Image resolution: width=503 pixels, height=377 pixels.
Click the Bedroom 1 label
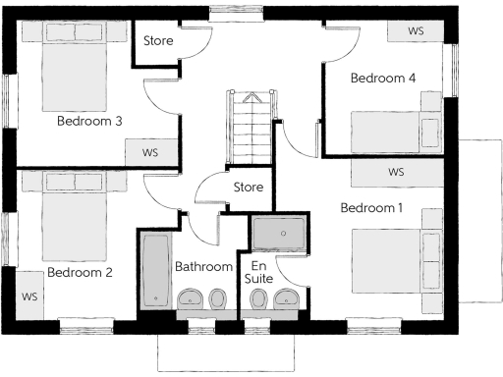[x=371, y=208]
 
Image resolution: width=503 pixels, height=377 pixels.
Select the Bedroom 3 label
[x=89, y=122]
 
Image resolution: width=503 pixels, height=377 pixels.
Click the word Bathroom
[x=202, y=266]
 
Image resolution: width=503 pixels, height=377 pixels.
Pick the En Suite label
[x=259, y=273]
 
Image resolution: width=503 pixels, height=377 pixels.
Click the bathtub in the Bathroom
[x=155, y=268]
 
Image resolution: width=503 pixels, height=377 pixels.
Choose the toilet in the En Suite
[x=257, y=299]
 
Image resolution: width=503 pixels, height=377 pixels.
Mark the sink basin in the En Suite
[x=287, y=299]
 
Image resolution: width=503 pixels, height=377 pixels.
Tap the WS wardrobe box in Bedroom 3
[x=150, y=152]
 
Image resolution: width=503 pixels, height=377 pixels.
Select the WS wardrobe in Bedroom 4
[x=416, y=30]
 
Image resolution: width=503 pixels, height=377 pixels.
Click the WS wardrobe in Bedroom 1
[x=396, y=172]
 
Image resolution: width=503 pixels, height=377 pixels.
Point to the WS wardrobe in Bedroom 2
[x=28, y=295]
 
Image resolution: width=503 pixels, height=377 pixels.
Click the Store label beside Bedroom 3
[x=159, y=41]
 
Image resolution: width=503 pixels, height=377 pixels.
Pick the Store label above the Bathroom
[x=249, y=187]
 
